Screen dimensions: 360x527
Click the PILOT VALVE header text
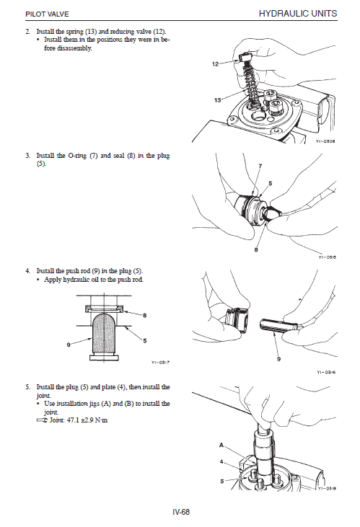[x=47, y=14]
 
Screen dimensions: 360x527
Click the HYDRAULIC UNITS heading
[x=298, y=14]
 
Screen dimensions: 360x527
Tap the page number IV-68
[x=181, y=512]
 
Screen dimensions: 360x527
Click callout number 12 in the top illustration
[x=215, y=64]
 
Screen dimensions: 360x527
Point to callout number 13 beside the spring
[x=217, y=100]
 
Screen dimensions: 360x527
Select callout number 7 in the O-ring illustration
[x=260, y=165]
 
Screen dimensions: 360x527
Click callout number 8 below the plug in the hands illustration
[x=256, y=249]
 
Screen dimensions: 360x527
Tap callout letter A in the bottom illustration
[x=221, y=445]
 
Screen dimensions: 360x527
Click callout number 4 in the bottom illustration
[x=221, y=462]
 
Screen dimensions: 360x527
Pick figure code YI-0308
[x=325, y=141]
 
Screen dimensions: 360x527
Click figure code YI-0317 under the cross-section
[x=160, y=363]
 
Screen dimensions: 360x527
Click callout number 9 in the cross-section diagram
[x=69, y=345]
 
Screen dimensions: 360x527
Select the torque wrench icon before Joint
[x=42, y=420]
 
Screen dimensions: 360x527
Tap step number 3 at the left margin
[x=27, y=156]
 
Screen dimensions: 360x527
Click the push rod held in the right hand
[x=278, y=324]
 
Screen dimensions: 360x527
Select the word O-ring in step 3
[x=77, y=156]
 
